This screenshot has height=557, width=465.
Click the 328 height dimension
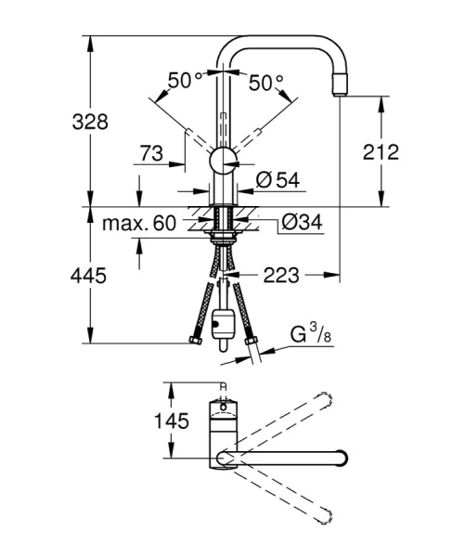click(x=93, y=122)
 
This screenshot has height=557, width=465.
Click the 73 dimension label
click(x=154, y=152)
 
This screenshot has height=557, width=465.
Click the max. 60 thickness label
click(x=139, y=224)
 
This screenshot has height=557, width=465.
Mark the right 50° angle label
click(x=267, y=82)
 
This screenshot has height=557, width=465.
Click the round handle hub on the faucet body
click(x=223, y=162)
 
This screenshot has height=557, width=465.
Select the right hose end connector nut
click(x=251, y=343)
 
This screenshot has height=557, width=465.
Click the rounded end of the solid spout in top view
click(x=342, y=458)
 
